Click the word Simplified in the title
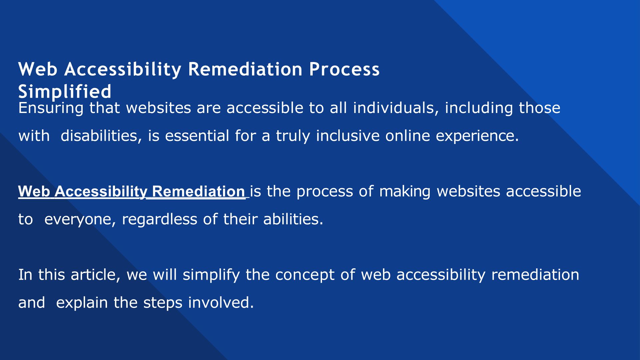pos(65,91)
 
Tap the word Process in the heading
pos(344,69)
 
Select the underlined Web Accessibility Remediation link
pos(132,191)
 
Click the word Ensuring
pos(51,108)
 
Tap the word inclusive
pos(348,136)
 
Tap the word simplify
pos(211,275)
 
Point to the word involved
pos(221,303)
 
